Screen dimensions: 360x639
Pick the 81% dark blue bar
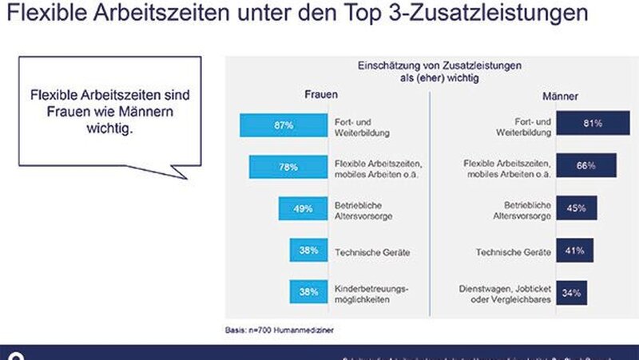pyautogui.click(x=593, y=124)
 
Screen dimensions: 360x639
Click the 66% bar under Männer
pyautogui.click(x=586, y=166)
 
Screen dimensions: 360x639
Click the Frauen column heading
pyautogui.click(x=321, y=95)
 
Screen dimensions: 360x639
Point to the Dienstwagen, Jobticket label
pyautogui.click(x=506, y=292)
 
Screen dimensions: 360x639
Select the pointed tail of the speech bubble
pyautogui.click(x=180, y=174)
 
